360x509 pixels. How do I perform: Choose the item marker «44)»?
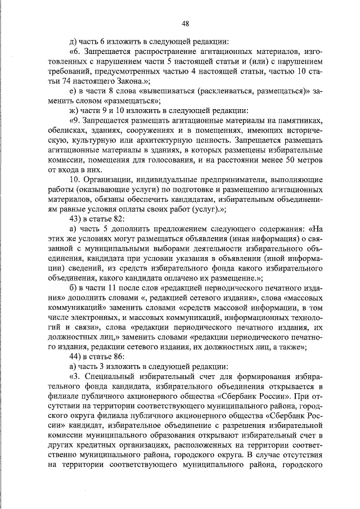pos(75,357)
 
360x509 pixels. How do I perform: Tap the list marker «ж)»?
pos(72,111)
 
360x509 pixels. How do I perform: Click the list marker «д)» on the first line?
pos(71,42)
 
